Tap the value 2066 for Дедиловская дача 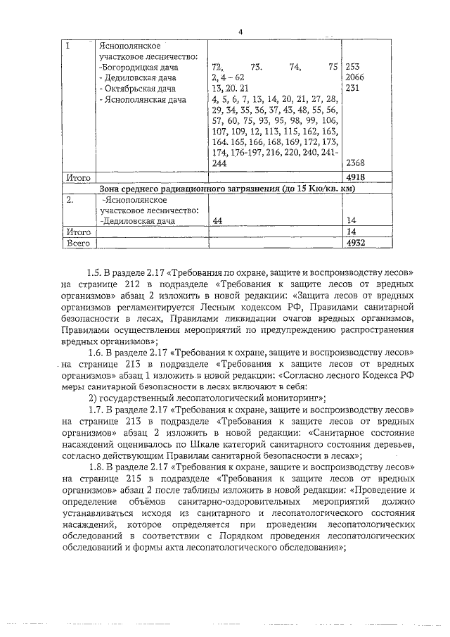[354, 78]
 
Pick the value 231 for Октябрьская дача [351, 89]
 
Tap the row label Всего [79, 242]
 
